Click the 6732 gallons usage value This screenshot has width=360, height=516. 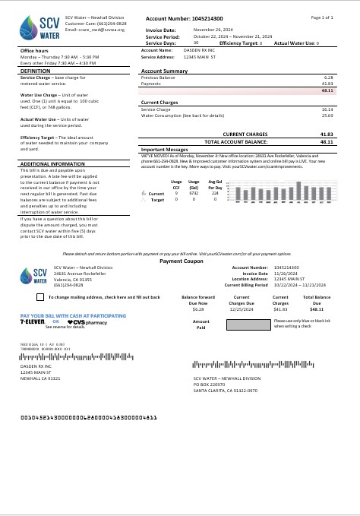(194, 194)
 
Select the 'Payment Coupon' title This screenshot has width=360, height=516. (181, 239)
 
